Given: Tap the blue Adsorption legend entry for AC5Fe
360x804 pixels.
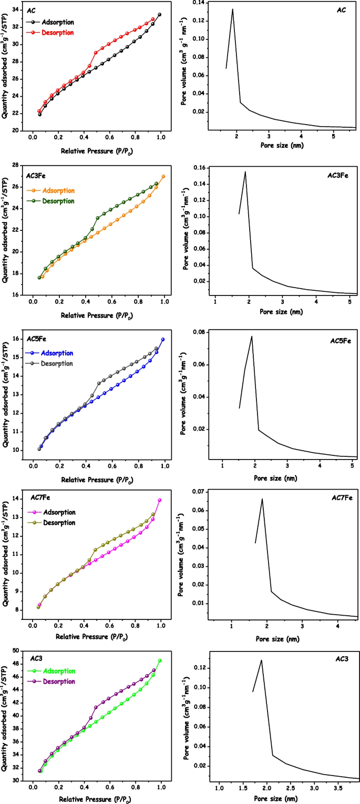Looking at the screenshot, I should (56, 353).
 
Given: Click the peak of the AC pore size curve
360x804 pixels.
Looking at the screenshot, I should (232, 9).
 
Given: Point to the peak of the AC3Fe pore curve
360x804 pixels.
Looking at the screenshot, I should (245, 172).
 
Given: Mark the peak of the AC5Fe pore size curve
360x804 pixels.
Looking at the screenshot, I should (252, 336).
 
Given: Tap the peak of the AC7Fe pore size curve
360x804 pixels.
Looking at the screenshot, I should (262, 499).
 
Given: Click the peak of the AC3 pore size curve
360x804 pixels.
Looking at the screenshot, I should (261, 660).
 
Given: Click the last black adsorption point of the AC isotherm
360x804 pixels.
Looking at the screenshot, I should (159, 14).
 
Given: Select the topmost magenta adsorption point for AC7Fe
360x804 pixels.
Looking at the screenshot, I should (159, 500).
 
